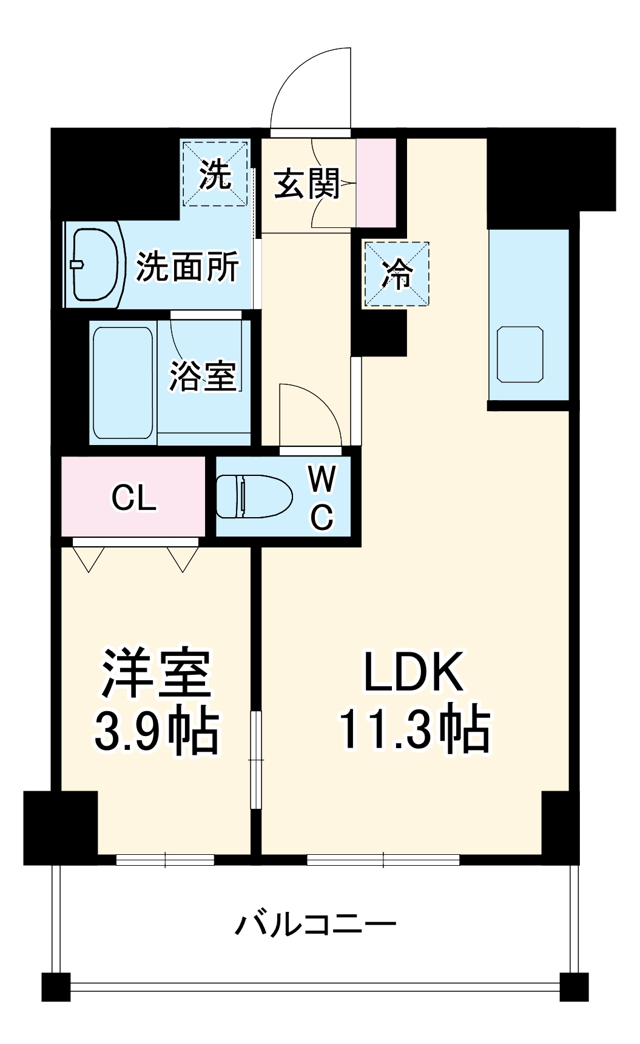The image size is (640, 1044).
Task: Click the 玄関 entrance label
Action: click(307, 184)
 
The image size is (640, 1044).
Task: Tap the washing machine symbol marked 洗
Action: click(215, 174)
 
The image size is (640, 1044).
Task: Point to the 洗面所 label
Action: click(187, 267)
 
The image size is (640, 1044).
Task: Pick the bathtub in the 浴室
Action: click(123, 382)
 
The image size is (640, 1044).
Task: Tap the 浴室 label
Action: click(202, 376)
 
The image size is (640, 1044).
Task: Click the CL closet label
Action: click(133, 498)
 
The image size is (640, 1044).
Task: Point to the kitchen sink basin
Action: click(520, 355)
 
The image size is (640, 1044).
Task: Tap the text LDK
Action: click(414, 672)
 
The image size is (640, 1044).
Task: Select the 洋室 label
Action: click(156, 672)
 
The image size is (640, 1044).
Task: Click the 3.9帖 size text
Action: click(156, 729)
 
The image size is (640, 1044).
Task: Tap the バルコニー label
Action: click(315, 925)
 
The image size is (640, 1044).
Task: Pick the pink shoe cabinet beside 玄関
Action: click(376, 182)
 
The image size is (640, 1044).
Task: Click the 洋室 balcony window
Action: click(165, 859)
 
